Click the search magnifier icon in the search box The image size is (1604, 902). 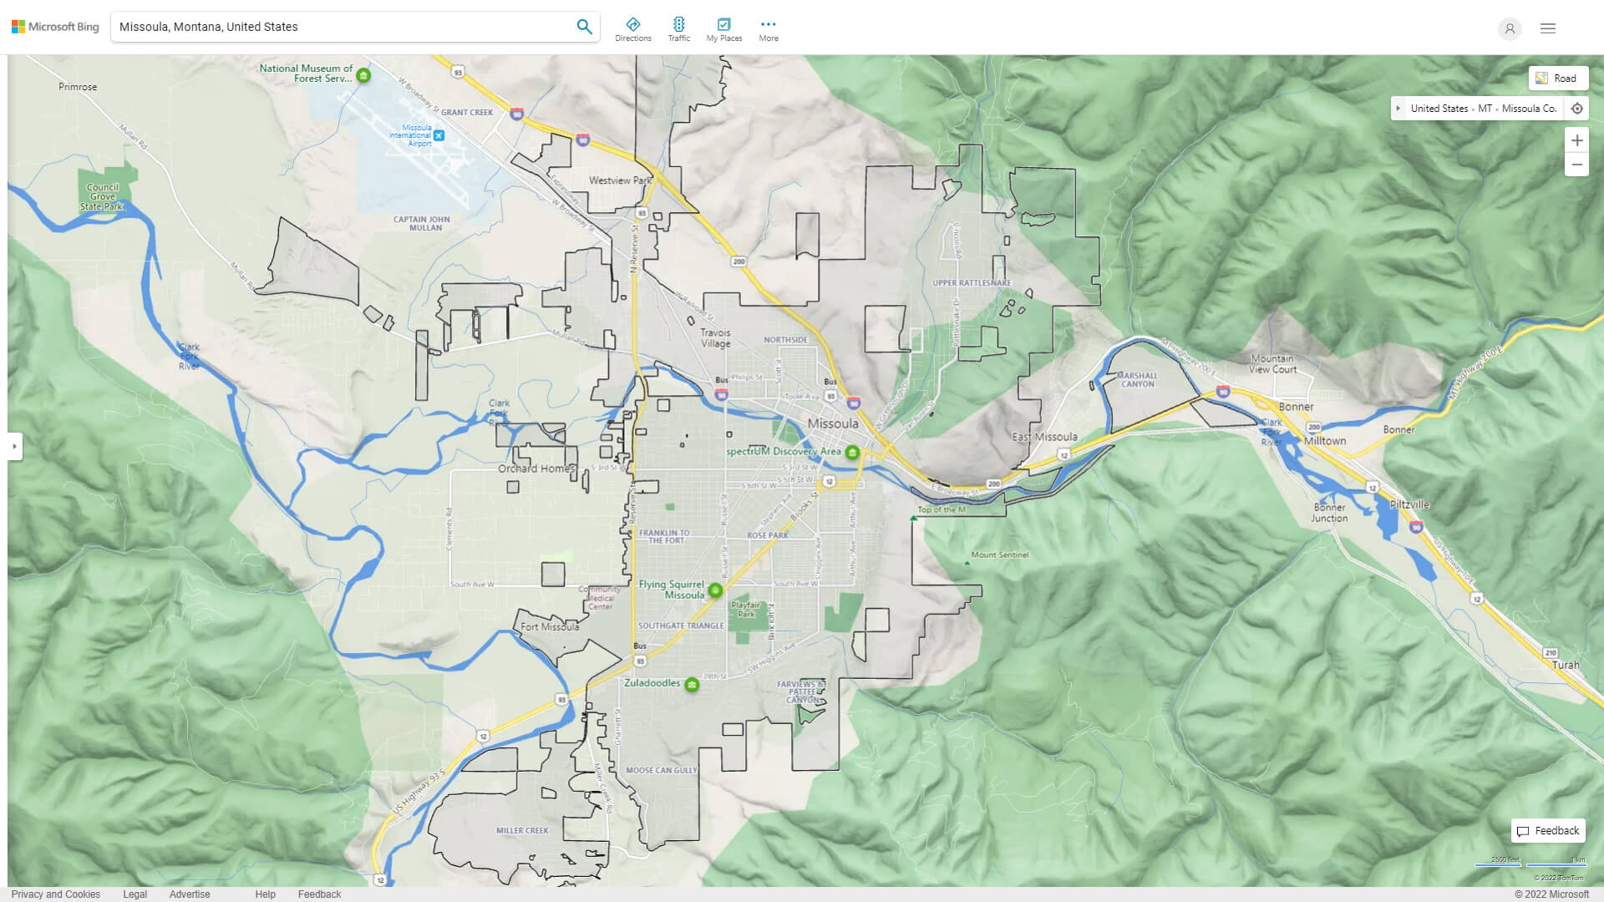584,27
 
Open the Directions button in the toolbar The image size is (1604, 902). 632,28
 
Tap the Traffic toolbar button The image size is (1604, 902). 678,28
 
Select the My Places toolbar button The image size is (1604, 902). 723,28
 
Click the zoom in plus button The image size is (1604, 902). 1576,140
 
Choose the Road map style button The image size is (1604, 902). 1558,79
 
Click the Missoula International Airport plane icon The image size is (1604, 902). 439,135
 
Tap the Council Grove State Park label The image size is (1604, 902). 102,197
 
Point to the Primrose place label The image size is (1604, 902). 78,87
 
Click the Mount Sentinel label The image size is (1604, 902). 999,555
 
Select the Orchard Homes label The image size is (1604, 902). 536,469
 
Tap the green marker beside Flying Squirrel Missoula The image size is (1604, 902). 715,590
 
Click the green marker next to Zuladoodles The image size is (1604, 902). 692,685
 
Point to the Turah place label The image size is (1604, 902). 1566,666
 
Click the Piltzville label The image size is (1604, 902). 1409,504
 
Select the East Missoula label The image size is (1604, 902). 1044,437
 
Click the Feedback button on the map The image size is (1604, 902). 1548,831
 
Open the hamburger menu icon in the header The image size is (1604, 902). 1548,28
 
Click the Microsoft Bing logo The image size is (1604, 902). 55,27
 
